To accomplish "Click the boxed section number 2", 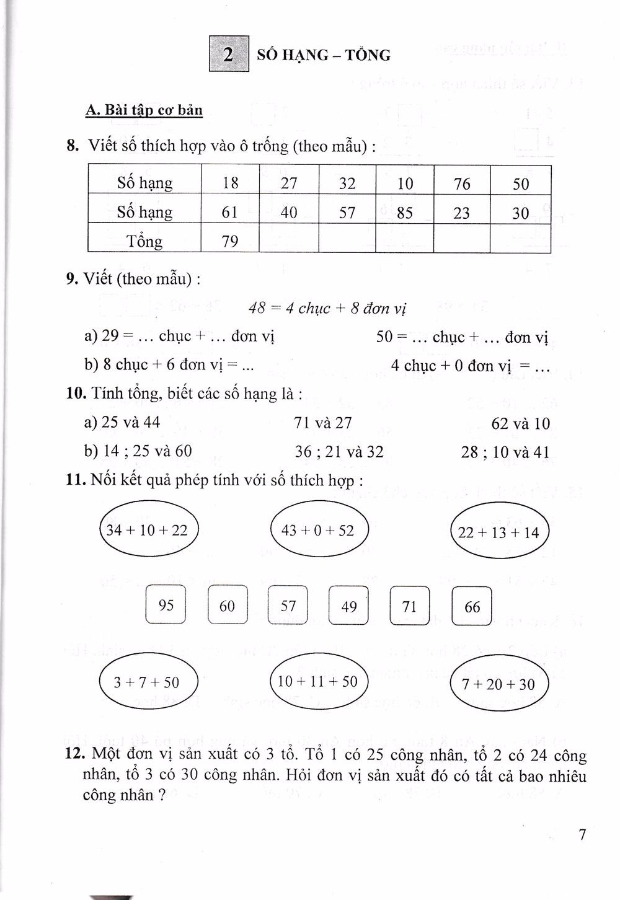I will click(x=229, y=55).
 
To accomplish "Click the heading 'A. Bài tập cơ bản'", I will click(x=144, y=110).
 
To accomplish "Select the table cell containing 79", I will click(x=230, y=240).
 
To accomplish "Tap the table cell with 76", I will click(x=462, y=183).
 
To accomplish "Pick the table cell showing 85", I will click(x=404, y=213).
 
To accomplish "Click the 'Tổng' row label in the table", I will click(x=144, y=240).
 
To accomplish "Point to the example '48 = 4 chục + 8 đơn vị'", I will click(x=327, y=308).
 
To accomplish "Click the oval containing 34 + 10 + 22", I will click(x=148, y=531).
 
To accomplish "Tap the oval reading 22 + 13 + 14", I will click(x=499, y=532).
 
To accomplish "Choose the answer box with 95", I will click(x=166, y=605).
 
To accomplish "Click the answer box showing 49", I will click(x=348, y=606).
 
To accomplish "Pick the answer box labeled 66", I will click(x=472, y=606).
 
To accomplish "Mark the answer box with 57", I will click(x=288, y=605).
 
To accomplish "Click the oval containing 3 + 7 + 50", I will click(x=148, y=682).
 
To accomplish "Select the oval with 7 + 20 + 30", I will click(x=498, y=684).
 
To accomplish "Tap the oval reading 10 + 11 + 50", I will click(x=318, y=681).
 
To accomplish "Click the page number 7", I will click(x=582, y=834).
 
